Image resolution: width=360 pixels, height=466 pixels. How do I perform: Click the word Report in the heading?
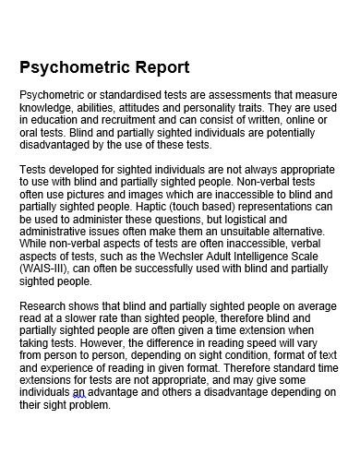tap(159, 67)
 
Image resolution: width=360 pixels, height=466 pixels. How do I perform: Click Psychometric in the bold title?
tap(73, 67)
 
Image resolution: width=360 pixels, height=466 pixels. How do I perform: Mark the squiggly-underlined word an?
tap(79, 392)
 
